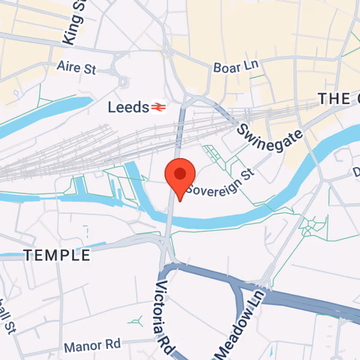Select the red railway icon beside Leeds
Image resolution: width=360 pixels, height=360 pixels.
157,107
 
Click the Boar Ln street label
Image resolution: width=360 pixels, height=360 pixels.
236,67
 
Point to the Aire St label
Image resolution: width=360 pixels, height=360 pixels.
76,67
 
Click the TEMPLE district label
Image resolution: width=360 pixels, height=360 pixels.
57,256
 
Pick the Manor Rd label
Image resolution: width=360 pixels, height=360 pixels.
93,346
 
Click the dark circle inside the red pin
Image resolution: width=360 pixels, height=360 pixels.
180,173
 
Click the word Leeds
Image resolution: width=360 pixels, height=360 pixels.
128,107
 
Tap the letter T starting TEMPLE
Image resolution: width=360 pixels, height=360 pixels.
28,256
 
